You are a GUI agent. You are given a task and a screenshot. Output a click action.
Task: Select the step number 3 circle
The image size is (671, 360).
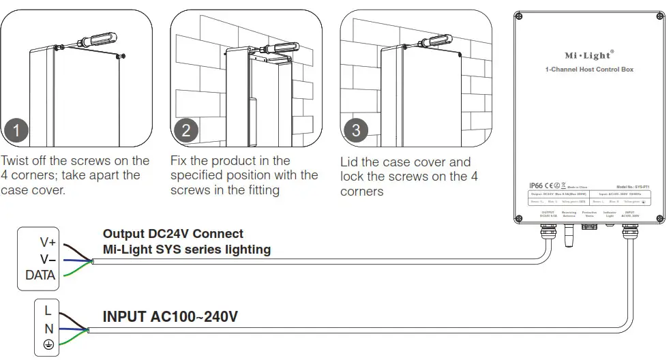click(355, 130)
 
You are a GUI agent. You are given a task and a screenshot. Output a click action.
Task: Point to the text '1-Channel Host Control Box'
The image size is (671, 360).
click(589, 70)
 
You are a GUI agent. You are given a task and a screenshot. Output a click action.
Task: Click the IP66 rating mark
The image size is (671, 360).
click(537, 185)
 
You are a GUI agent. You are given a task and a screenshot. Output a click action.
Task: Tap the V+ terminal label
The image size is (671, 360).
click(48, 242)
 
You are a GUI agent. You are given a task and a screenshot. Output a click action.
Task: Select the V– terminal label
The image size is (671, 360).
click(48, 259)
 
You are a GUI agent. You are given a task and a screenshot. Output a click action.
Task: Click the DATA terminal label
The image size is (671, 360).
click(40, 275)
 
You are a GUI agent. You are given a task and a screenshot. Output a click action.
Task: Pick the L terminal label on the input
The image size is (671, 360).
click(48, 310)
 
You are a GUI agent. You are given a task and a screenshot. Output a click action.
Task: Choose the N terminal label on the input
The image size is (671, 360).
click(48, 328)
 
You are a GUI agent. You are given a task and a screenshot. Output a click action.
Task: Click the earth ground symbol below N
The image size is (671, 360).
click(48, 346)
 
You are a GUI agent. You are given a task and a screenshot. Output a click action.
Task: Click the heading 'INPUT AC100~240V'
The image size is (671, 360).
click(170, 317)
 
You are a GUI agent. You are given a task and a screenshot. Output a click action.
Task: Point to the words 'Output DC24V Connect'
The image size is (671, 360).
click(173, 234)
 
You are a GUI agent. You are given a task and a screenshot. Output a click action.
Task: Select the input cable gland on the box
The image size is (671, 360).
click(630, 232)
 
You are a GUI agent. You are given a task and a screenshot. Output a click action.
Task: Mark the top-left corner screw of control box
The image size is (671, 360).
click(519, 17)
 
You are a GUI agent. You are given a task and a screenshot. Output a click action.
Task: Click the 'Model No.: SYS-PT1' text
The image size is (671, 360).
click(633, 186)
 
